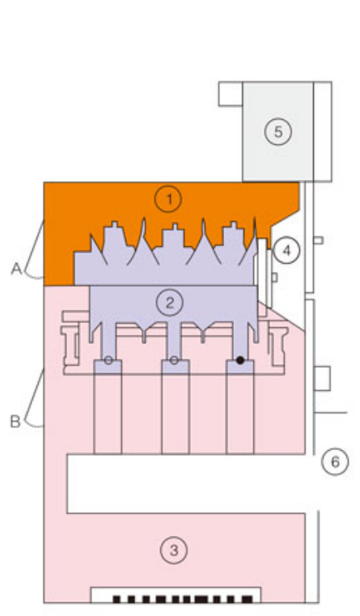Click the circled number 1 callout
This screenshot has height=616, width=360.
tap(168, 199)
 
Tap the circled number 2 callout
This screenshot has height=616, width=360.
tap(170, 303)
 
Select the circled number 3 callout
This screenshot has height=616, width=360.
tap(174, 550)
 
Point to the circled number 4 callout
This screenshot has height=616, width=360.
tap(287, 250)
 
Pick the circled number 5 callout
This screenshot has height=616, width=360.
tap(278, 132)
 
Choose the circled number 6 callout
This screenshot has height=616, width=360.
tap(335, 461)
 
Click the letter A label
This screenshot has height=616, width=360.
tap(16, 269)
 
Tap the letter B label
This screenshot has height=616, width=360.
tap(15, 421)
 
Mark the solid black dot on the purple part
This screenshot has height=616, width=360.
tap(240, 360)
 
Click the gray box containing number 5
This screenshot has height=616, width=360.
tap(278, 132)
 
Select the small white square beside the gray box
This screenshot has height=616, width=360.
tap(231, 94)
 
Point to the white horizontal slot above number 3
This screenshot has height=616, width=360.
tap(187, 483)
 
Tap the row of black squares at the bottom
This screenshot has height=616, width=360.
tap(183, 599)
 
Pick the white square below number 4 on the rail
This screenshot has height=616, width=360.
tap(322, 379)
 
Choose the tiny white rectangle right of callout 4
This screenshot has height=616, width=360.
tap(319, 240)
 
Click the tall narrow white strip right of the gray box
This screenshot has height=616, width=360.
tap(322, 132)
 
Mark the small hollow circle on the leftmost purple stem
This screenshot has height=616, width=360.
tap(108, 360)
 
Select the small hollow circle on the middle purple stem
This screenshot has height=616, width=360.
tap(174, 360)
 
